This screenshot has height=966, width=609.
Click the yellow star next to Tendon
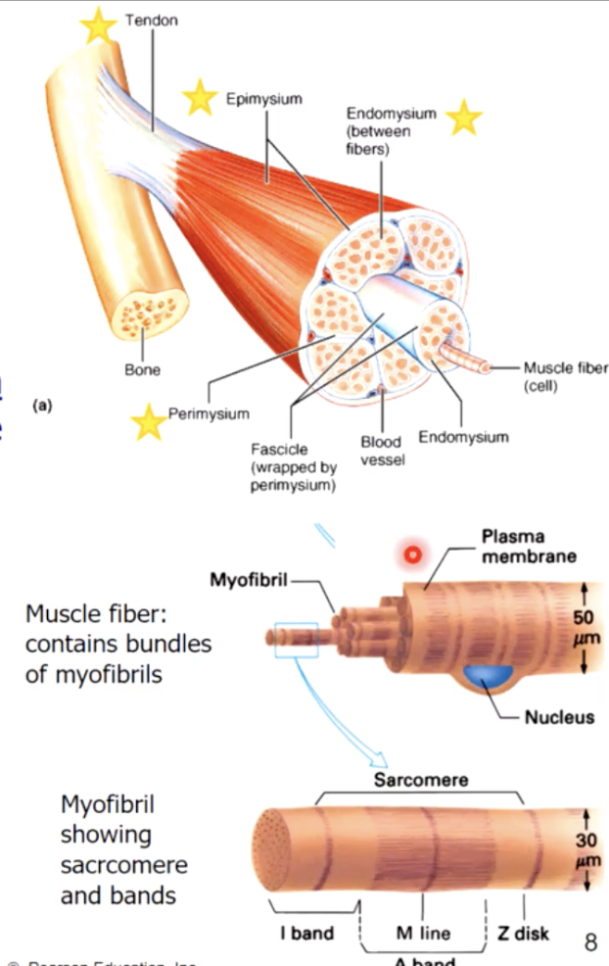(x=98, y=26)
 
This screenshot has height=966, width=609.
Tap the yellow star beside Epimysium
(x=200, y=98)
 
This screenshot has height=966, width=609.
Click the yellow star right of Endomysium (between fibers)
(x=463, y=118)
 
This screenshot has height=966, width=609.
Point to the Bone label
(x=142, y=370)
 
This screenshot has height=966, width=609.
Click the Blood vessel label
(x=382, y=451)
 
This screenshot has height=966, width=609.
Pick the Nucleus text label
(x=559, y=717)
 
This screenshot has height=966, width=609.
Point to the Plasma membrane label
(x=528, y=547)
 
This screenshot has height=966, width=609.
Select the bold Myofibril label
(x=249, y=579)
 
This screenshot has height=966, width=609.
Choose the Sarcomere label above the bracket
(x=421, y=780)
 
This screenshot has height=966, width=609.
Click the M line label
(x=423, y=933)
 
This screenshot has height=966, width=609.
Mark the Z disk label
(x=524, y=933)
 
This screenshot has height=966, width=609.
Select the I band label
(x=305, y=933)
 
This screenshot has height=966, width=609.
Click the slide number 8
(x=590, y=942)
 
